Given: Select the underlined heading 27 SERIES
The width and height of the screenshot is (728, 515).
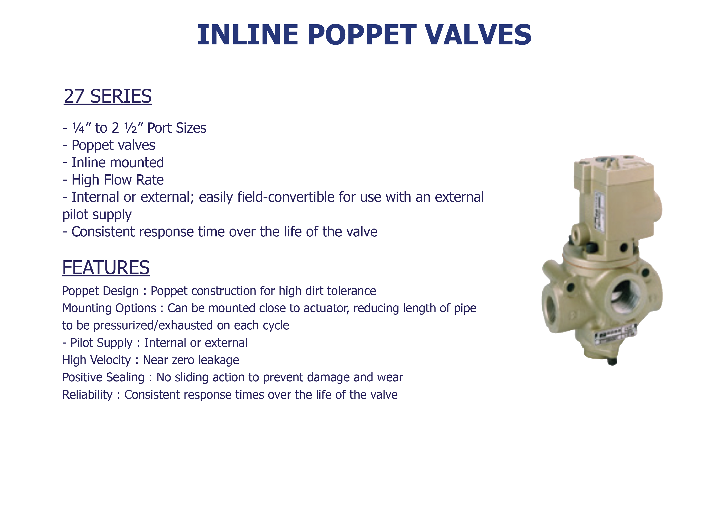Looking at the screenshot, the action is [108, 96].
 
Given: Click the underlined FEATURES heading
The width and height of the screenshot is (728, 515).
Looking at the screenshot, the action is [106, 267].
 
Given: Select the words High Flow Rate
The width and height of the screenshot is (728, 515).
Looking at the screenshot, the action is [118, 180].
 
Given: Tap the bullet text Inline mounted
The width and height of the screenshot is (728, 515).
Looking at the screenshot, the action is [118, 162].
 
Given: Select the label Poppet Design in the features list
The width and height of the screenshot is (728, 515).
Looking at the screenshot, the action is [100, 291].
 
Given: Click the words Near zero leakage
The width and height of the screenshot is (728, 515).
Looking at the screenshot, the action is [191, 360].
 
